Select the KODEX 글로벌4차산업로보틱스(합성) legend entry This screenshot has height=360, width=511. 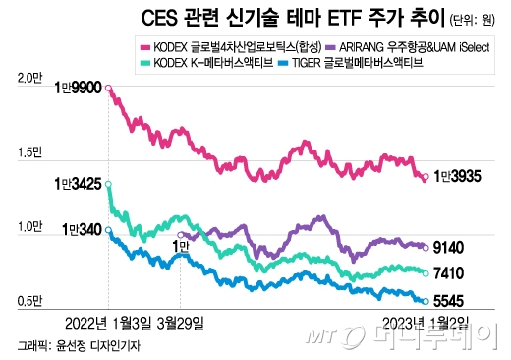(x=234, y=46)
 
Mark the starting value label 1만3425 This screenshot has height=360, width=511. (x=79, y=183)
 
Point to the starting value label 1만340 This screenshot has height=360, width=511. (x=83, y=230)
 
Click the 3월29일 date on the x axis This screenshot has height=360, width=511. (x=182, y=322)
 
